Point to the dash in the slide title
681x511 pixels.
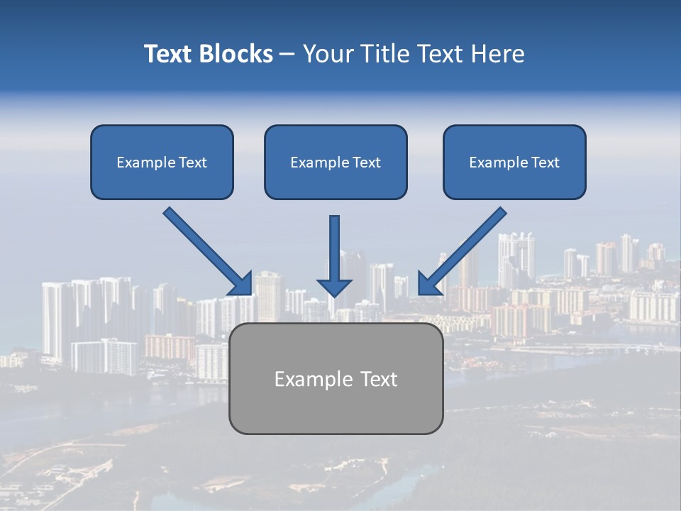[x=287, y=55]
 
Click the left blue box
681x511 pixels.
[x=162, y=162]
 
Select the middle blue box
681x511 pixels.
[x=336, y=162]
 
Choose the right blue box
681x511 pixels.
[x=514, y=162]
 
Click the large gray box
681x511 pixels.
[x=336, y=378]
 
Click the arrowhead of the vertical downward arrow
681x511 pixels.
[x=334, y=287]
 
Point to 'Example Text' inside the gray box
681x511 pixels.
[x=336, y=379]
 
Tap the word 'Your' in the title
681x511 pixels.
[x=328, y=54]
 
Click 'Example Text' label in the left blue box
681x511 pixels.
[x=162, y=163]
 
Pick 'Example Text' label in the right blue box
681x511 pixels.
[x=514, y=163]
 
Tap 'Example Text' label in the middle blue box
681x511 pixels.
[x=336, y=163]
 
